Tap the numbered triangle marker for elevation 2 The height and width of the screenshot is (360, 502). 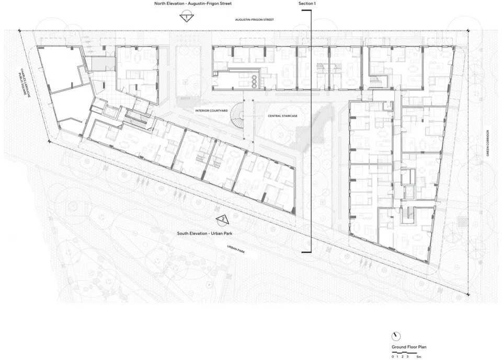(x=223, y=219)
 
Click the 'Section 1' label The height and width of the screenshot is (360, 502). (x=307, y=4)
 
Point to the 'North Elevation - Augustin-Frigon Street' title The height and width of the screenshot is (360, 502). (x=193, y=4)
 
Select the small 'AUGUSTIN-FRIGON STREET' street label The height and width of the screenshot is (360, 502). (x=255, y=20)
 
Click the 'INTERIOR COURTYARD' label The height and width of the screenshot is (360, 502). (x=212, y=111)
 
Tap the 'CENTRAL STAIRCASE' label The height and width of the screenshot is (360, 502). (x=283, y=116)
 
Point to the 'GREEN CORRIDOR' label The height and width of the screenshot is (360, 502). (x=488, y=143)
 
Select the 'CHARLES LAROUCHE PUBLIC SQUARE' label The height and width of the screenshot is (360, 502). (x=25, y=81)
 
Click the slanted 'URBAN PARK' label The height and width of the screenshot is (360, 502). (x=236, y=249)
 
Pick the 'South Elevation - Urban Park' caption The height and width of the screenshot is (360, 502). (x=204, y=233)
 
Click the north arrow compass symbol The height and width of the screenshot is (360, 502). (x=396, y=336)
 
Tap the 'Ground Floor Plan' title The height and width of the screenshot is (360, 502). (x=409, y=347)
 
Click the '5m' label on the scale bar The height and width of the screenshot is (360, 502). (x=419, y=356)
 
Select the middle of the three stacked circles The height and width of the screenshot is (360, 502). (x=255, y=82)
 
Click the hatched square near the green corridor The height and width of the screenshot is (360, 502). (x=462, y=222)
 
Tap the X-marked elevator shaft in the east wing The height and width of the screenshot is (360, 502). (x=409, y=192)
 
